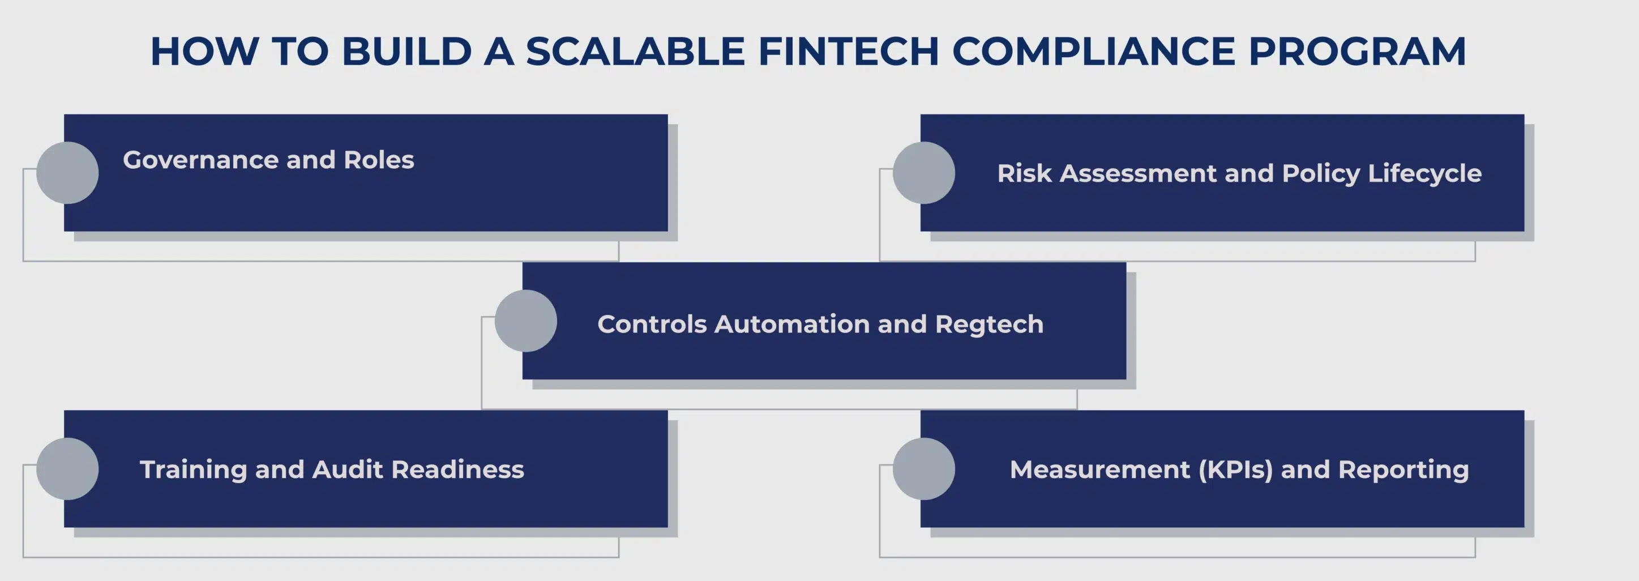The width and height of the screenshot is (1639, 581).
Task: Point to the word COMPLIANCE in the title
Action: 1093,52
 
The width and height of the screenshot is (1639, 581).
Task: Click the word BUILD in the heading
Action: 406,52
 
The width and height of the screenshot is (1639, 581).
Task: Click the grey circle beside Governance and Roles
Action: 67,173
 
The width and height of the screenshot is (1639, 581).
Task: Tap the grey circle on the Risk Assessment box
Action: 924,173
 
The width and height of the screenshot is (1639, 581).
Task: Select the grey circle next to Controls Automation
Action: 525,321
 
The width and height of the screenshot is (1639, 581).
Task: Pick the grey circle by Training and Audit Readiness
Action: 67,468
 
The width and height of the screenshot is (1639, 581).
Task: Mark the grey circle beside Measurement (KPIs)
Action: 924,468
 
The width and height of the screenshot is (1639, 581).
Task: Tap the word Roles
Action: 379,160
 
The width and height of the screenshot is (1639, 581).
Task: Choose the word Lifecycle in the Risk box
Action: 1424,174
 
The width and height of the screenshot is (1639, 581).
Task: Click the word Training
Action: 193,469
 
